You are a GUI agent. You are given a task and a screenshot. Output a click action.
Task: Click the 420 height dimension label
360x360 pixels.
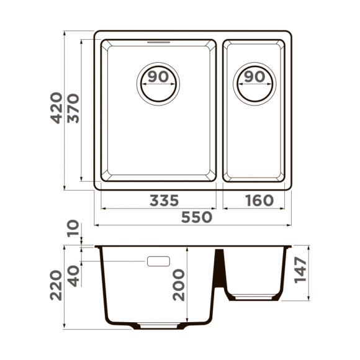pos(56,109)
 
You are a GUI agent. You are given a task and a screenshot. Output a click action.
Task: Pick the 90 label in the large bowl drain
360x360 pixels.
pos(158,77)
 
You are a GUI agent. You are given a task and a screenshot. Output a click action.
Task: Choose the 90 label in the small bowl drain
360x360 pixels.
pos(254,77)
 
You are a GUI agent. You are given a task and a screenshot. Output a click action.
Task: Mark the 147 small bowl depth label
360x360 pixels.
pos(300,271)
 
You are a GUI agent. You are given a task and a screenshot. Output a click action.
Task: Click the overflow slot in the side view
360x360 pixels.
pos(159,261)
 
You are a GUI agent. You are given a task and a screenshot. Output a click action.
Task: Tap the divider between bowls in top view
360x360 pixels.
pos(219,112)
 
